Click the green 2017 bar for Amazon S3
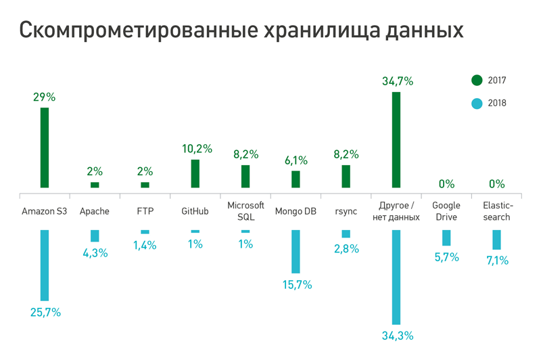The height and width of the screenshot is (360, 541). [45, 148]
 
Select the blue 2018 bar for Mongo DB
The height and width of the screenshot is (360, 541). [296, 251]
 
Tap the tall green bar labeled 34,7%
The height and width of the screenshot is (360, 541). [396, 139]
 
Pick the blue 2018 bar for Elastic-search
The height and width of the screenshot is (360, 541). [497, 240]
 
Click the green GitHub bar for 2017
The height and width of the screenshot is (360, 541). [195, 173]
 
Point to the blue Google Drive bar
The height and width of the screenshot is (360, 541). [446, 238]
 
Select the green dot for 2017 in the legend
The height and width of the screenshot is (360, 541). [477, 81]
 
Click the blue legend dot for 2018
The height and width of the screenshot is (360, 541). [477, 104]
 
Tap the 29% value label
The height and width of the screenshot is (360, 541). [45, 97]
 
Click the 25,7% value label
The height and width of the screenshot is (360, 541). [45, 312]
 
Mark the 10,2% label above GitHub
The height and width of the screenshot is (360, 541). [197, 148]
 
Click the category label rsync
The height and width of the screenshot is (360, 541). [346, 211]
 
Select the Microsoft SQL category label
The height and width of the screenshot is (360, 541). [245, 211]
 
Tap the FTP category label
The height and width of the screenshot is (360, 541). [145, 211]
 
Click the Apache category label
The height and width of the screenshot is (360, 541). [95, 211]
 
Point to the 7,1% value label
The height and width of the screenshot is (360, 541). [496, 260]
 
